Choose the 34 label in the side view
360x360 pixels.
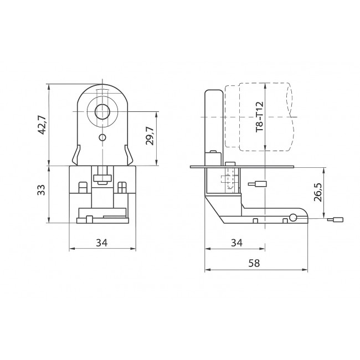click(x=236, y=242)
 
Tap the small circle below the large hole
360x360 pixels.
click(x=102, y=137)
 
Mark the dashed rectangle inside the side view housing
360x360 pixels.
click(x=225, y=182)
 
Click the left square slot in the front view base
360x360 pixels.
click(x=83, y=187)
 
